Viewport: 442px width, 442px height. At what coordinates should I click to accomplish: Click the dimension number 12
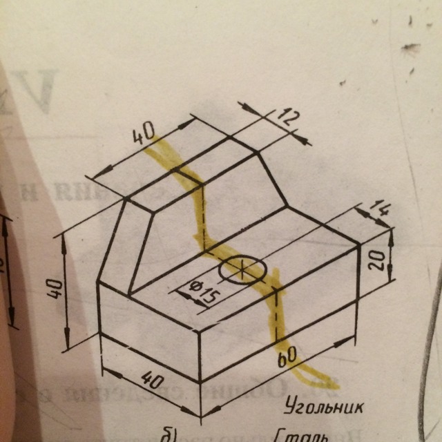point(288,118)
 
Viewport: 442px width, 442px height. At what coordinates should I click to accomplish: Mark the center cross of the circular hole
point(242,270)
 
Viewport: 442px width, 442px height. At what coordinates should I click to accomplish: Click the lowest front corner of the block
point(200,382)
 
